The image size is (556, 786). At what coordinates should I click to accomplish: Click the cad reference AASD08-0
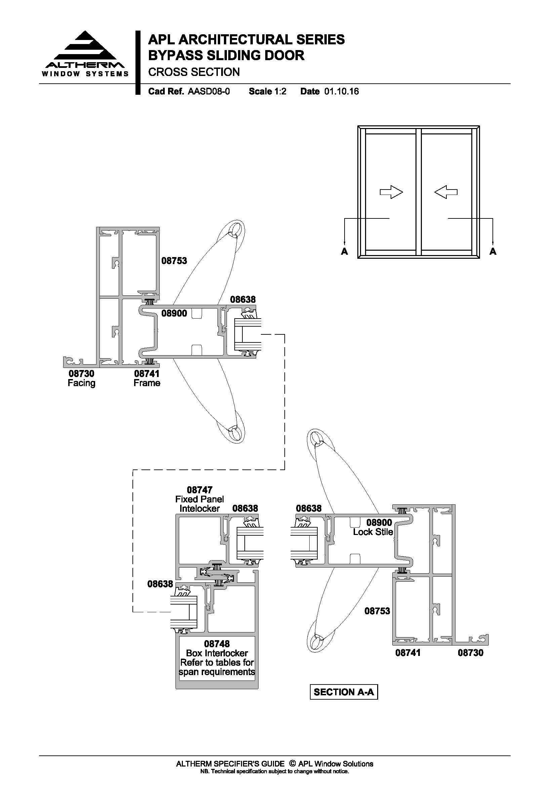[x=208, y=91]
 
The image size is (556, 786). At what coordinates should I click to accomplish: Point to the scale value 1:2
[x=280, y=91]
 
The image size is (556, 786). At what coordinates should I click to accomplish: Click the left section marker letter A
[x=345, y=252]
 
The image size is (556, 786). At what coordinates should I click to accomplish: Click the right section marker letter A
[x=493, y=252]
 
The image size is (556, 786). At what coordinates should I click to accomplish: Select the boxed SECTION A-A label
[x=344, y=692]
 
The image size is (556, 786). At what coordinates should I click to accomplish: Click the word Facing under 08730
[x=81, y=383]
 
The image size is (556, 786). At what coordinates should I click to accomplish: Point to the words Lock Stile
[x=373, y=532]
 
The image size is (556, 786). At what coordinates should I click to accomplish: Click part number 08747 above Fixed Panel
[x=200, y=490]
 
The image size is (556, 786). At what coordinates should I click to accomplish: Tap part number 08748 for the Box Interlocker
[x=217, y=644]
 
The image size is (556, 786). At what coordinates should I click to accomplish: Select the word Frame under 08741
[x=147, y=383]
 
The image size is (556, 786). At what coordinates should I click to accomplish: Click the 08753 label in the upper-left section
[x=174, y=261]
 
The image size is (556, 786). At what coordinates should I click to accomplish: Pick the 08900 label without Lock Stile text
[x=174, y=313]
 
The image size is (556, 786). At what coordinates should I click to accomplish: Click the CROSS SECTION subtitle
[x=194, y=72]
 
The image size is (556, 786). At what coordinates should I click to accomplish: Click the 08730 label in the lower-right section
[x=470, y=653]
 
